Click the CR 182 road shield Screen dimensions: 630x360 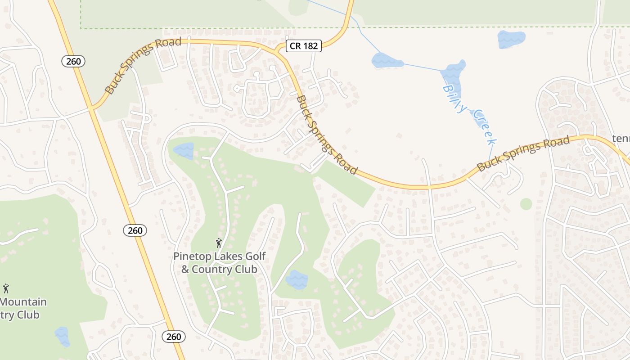coord(304,45)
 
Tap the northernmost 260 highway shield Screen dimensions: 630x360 coord(73,61)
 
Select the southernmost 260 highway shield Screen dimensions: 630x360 coord(173,337)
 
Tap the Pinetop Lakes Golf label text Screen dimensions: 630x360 coord(220,256)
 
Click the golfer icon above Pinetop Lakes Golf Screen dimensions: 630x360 coord(219,243)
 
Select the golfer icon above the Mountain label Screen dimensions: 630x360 coord(6,288)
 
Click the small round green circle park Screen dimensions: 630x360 coord(526,204)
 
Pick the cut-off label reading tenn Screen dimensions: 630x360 coord(621,138)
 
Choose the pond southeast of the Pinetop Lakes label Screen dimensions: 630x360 coord(297,279)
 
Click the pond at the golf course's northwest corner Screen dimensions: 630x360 coord(184,151)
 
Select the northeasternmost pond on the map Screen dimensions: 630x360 coord(511,39)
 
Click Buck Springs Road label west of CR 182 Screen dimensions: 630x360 coord(143,65)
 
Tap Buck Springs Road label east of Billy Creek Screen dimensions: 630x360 coord(523,153)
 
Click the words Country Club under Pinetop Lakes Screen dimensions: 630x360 coord(219,270)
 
